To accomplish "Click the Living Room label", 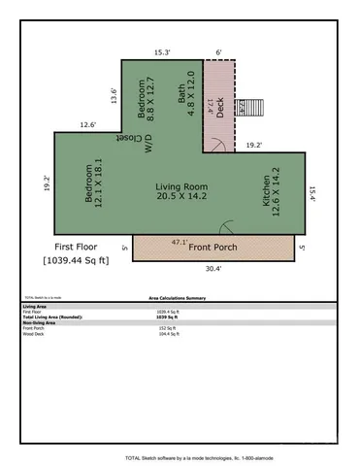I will tap(181, 186).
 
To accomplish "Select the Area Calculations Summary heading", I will tap(180, 300).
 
